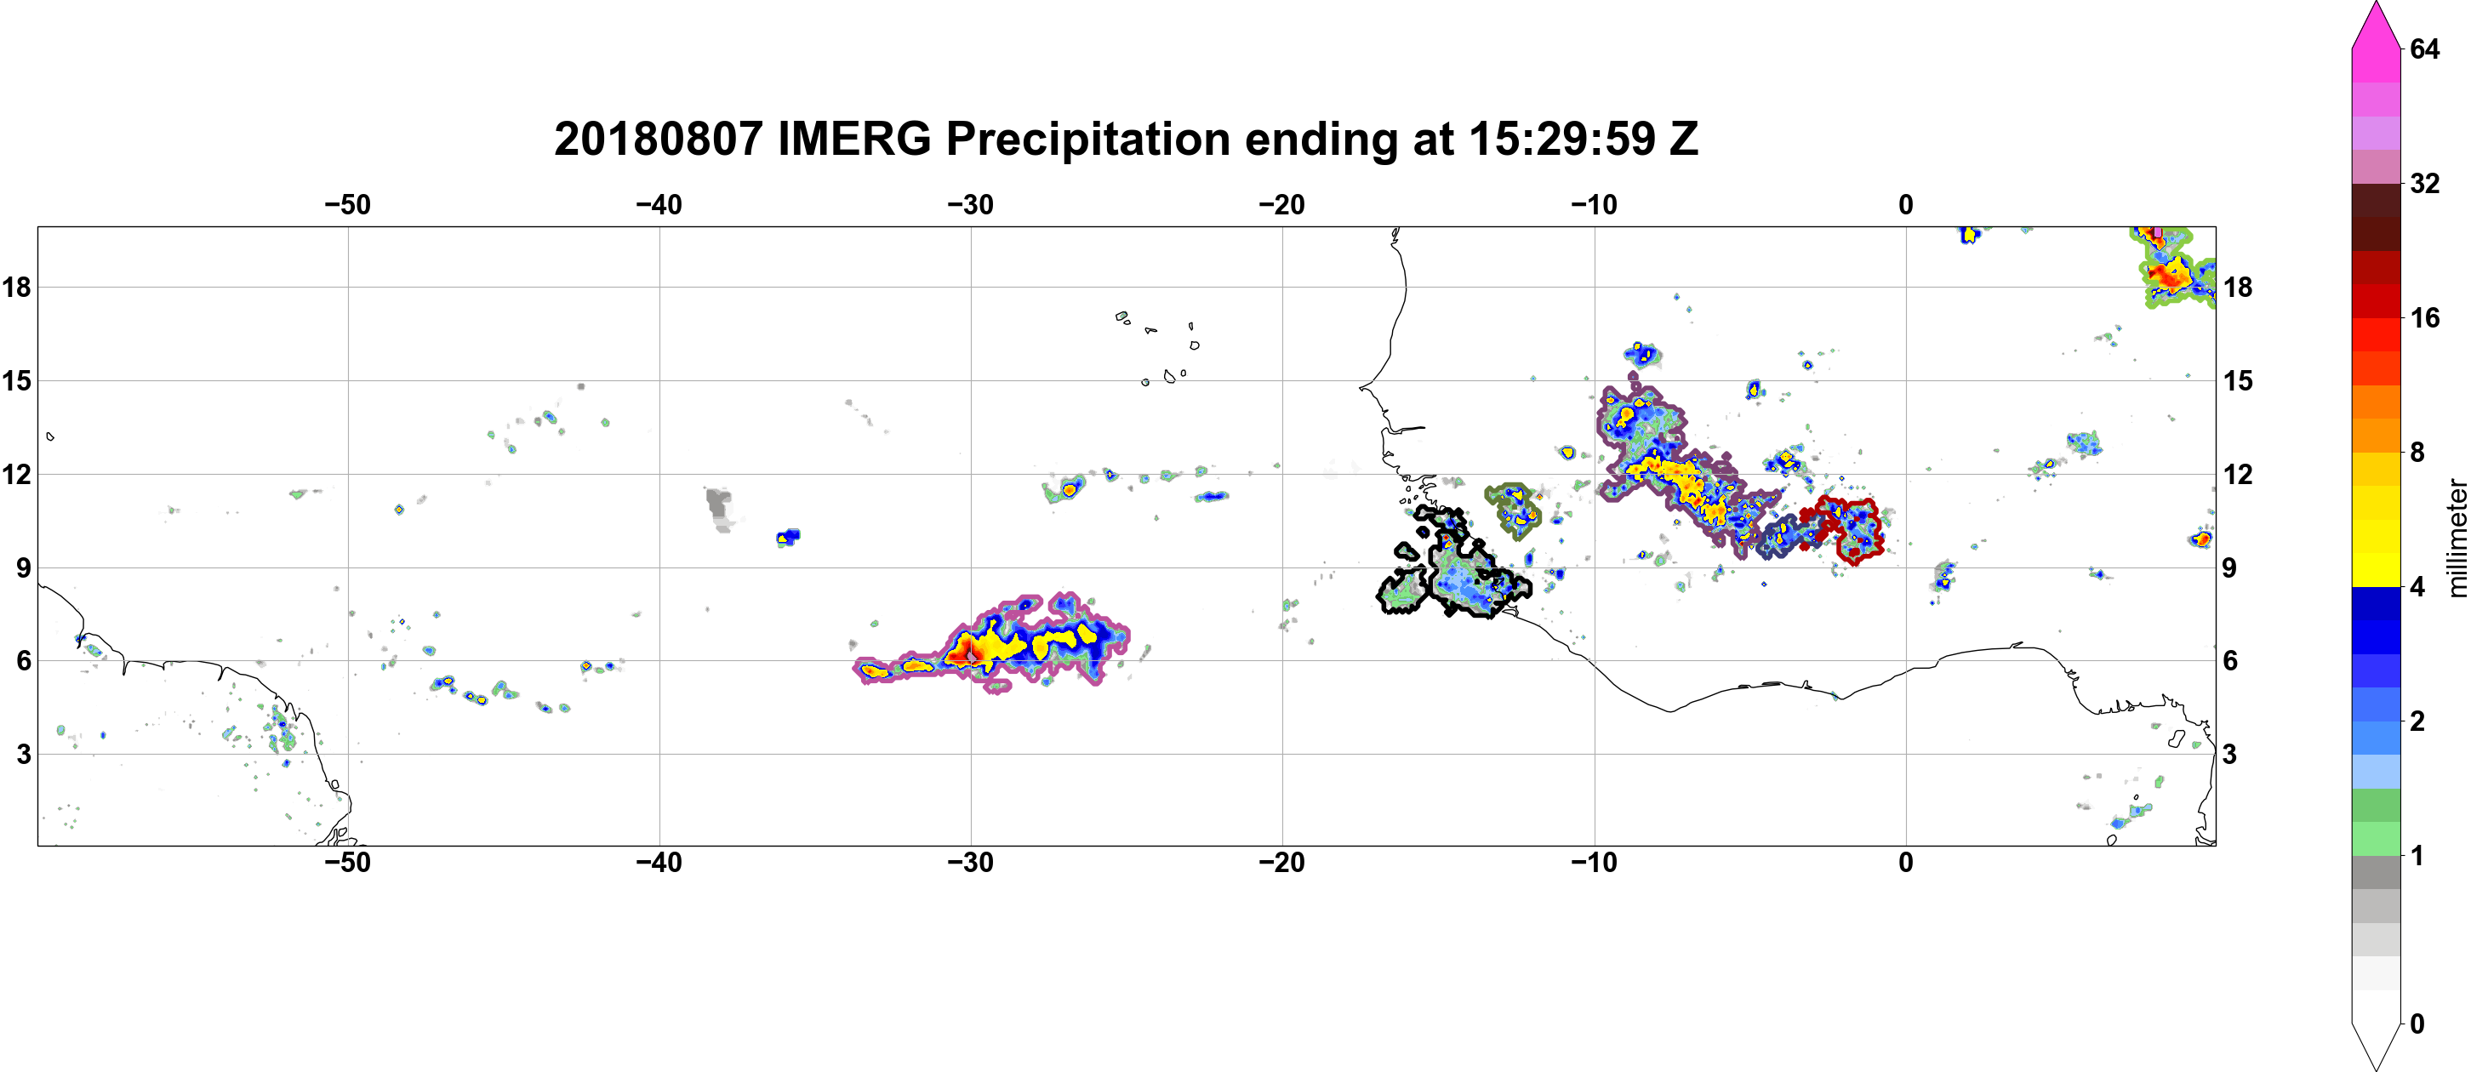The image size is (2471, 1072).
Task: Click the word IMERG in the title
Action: tap(854, 140)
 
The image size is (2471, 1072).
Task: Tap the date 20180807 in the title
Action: tap(658, 140)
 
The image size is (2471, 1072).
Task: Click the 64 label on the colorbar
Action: tap(2424, 48)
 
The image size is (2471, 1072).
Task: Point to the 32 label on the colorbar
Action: tap(2424, 183)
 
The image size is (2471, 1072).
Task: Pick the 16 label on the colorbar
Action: tap(2424, 318)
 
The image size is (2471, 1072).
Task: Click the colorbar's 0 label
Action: tap(2417, 1024)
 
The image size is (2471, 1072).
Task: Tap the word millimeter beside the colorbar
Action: tap(2457, 538)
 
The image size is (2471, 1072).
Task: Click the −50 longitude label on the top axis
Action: tap(347, 205)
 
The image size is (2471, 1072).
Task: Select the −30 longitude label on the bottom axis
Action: tap(971, 863)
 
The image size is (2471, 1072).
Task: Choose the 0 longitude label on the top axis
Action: tap(1906, 205)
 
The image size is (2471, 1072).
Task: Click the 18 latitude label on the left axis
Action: tap(16, 287)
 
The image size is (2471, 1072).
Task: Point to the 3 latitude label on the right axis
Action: tap(2229, 755)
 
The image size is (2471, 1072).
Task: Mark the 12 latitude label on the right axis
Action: tap(2238, 475)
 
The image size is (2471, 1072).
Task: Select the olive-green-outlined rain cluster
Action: tap(1513, 511)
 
